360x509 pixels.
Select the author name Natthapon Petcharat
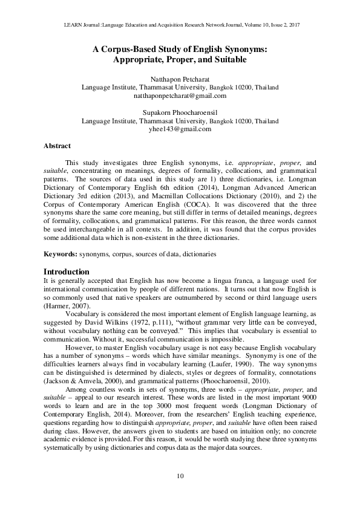pyautogui.click(x=180, y=79)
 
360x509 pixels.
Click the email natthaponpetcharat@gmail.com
pyautogui.click(x=180, y=96)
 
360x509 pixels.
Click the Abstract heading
pyautogui.click(x=57, y=146)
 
